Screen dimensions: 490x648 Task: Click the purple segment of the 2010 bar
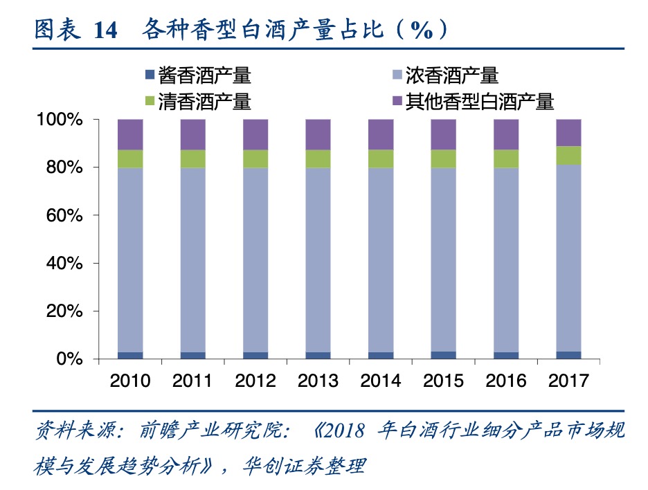coord(130,134)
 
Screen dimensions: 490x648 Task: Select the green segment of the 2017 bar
coord(568,155)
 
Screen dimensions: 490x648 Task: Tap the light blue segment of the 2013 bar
coord(318,260)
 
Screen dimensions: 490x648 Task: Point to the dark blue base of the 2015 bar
coord(444,355)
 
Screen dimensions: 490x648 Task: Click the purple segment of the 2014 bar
coord(381,134)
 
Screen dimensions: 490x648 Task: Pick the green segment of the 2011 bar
coord(193,158)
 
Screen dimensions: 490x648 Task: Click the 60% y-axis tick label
coord(64,215)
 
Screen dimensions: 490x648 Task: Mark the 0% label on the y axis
coord(69,359)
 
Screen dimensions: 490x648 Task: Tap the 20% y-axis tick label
coord(64,311)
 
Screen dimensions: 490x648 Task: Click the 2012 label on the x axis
coord(255,381)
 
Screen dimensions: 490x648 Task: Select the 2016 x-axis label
coord(506,381)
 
